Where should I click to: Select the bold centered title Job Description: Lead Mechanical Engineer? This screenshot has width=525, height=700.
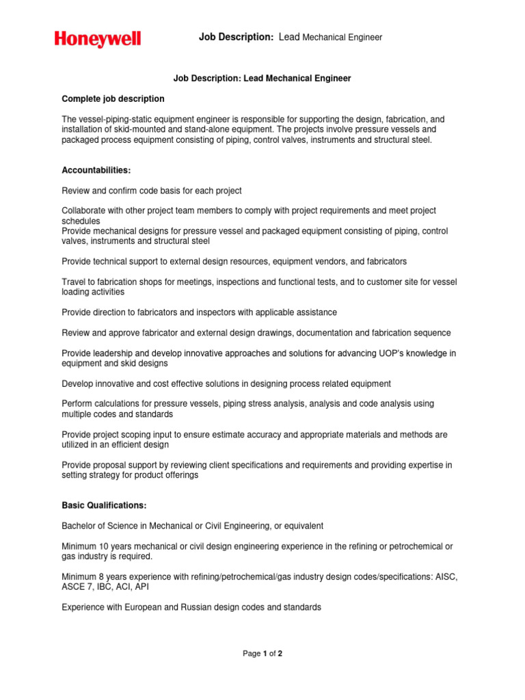click(x=262, y=79)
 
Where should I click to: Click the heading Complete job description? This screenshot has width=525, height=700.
click(x=113, y=99)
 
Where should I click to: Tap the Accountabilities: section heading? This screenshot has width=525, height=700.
click(x=96, y=170)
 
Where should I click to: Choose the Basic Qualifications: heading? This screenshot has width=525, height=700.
click(x=104, y=506)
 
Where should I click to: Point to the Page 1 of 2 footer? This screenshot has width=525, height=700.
click(x=262, y=654)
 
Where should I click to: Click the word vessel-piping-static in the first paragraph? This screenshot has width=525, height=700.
click(x=113, y=119)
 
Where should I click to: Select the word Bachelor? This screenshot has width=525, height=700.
click(x=80, y=526)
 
